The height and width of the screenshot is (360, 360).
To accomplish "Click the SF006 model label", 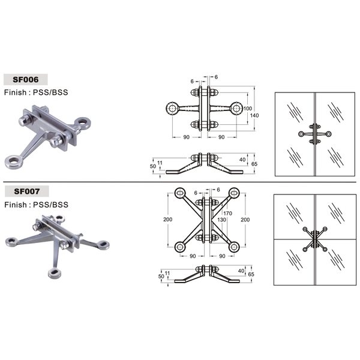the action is (x=25, y=80).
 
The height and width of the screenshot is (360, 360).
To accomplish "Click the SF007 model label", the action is (x=27, y=191).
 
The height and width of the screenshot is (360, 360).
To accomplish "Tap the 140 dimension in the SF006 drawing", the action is (x=254, y=115).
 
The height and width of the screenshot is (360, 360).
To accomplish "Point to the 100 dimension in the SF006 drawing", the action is (x=248, y=109).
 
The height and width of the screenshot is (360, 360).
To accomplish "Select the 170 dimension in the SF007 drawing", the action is (x=227, y=213).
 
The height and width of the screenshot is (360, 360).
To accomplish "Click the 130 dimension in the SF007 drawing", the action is (x=221, y=220).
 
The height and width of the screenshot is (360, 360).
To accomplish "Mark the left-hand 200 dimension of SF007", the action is (x=168, y=220).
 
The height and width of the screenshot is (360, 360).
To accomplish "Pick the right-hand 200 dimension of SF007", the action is (x=245, y=220).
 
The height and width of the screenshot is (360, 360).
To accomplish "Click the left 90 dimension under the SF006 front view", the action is (x=186, y=137).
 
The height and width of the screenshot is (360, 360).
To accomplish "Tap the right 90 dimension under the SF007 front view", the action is (x=222, y=256).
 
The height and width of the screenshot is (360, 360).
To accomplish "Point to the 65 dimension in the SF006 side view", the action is (x=254, y=164).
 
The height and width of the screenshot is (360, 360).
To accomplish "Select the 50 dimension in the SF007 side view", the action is (x=161, y=277).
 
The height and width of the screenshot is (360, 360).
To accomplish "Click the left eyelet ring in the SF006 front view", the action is (x=172, y=108).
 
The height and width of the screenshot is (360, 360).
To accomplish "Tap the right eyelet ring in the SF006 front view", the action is (x=236, y=108).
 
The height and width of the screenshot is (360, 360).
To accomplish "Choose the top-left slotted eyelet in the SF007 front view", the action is (x=180, y=193).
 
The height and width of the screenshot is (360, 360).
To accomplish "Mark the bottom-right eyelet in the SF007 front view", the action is (x=234, y=247).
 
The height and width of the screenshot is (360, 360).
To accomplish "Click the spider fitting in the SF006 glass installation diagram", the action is (x=315, y=134).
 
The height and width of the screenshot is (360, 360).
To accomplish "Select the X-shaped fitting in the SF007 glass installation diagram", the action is (x=315, y=239).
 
